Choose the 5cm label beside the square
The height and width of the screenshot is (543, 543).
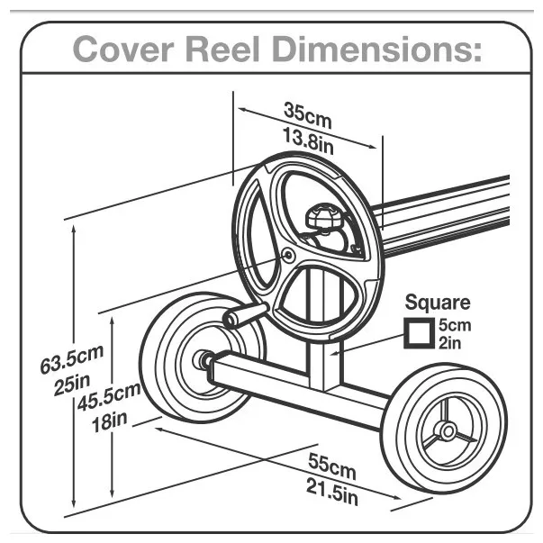[x=454, y=325]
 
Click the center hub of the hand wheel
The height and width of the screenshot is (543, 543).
[x=288, y=256]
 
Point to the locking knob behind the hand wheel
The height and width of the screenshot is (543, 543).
[x=325, y=217]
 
